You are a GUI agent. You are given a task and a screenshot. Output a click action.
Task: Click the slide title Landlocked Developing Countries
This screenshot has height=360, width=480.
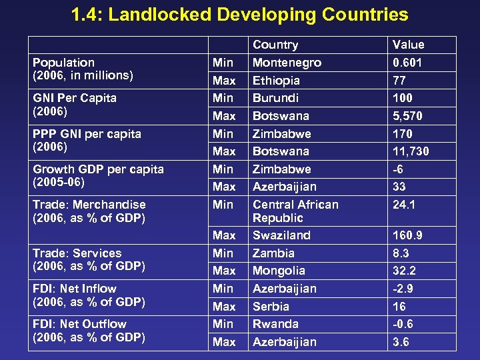tap(240, 15)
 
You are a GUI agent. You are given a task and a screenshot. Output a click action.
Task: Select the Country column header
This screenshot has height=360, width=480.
tap(275, 45)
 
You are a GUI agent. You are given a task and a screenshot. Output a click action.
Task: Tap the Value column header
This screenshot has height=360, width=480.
tap(408, 45)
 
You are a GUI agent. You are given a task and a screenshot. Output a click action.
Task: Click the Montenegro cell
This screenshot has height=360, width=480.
tap(287, 63)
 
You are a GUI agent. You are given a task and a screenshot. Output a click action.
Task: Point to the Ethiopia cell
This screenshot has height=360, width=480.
tap(276, 81)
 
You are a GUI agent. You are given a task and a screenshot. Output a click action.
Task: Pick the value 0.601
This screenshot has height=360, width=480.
tap(408, 63)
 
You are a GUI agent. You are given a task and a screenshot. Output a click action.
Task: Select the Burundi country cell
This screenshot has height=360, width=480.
tap(275, 98)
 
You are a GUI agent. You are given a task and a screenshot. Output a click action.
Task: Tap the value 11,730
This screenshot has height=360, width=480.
tap(411, 151)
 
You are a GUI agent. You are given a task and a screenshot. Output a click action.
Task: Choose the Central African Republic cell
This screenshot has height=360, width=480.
tap(295, 211)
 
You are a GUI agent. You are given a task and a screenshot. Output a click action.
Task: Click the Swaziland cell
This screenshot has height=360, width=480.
tap(281, 235)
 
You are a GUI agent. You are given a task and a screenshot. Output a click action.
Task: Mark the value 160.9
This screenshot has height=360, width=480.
tap(407, 235)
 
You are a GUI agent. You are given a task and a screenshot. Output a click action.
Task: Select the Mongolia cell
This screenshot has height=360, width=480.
tap(279, 271)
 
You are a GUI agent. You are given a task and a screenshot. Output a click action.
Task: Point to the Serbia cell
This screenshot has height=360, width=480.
tap(271, 306)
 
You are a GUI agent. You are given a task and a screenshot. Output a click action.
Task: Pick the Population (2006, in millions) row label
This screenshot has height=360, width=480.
tap(83, 69)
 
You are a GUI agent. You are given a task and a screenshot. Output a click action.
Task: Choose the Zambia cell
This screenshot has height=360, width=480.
tap(273, 253)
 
